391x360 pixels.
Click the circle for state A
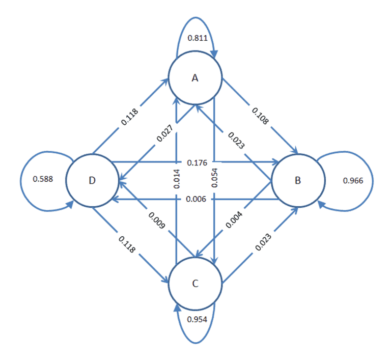[195, 77]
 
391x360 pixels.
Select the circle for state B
[298, 180]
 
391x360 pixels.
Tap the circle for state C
[195, 284]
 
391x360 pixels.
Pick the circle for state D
[92, 180]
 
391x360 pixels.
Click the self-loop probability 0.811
[197, 38]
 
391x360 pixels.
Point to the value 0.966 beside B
[353, 180]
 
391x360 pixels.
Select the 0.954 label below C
[197, 319]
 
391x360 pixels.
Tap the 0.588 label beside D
[43, 179]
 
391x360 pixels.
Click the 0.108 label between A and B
[260, 116]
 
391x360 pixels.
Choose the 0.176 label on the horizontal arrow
[197, 162]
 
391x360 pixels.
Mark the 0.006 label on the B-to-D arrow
[196, 199]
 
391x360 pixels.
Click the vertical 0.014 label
[176, 179]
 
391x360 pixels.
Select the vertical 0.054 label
[214, 178]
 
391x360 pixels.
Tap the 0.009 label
[157, 220]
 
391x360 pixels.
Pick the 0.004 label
[234, 220]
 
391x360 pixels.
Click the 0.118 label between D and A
[129, 117]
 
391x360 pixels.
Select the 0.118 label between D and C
[127, 244]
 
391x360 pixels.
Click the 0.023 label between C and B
[263, 242]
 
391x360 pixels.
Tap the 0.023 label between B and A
[236, 141]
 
